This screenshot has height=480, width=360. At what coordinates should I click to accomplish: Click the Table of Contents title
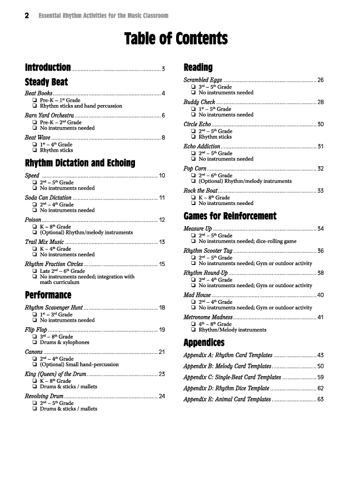pos(176,39)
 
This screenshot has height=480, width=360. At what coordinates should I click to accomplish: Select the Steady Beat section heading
pos(47,82)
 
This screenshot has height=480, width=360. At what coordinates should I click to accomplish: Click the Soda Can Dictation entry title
pos(48,197)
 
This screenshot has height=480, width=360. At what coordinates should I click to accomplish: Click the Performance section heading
pos(48,294)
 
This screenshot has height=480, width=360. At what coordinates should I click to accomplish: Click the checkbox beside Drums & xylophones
pos(35,343)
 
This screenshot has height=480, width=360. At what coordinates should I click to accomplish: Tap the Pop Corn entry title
pos(195,168)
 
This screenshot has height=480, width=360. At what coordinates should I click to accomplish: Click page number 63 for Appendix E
pos(321,399)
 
